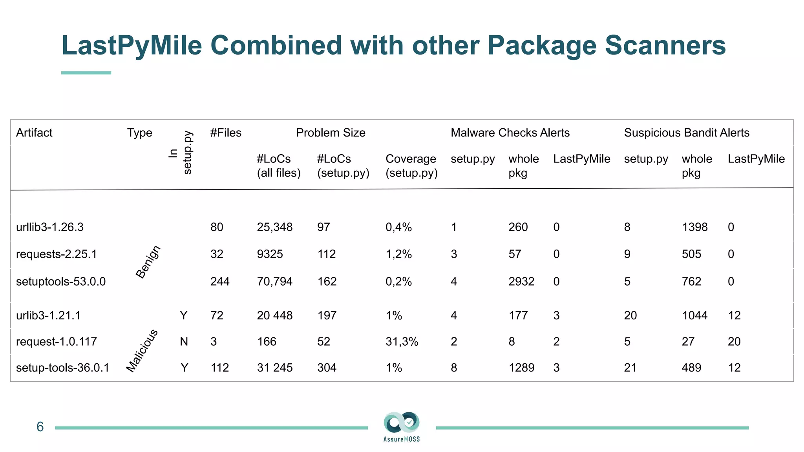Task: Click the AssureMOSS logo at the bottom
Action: click(x=402, y=426)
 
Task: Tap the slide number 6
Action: click(x=40, y=427)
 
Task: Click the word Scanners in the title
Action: click(x=665, y=46)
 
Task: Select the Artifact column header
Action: click(x=34, y=133)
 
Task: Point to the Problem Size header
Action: click(x=331, y=133)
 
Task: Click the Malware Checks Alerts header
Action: click(x=510, y=133)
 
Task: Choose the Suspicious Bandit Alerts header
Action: click(x=687, y=133)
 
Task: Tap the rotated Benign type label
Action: click(x=148, y=262)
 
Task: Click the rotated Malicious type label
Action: click(x=142, y=351)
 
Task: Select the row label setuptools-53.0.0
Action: click(x=61, y=282)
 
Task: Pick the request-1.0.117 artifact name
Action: click(x=57, y=342)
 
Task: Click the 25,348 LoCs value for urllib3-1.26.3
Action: click(x=274, y=227)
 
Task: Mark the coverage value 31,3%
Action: click(x=402, y=342)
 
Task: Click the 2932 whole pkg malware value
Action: click(x=521, y=282)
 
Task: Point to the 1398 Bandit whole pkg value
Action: click(x=694, y=227)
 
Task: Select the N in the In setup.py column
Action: click(x=184, y=342)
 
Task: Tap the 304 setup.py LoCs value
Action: click(x=327, y=368)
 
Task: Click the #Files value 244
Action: click(x=220, y=282)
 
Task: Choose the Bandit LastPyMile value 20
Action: click(x=734, y=342)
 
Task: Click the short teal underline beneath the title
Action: click(x=86, y=73)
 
